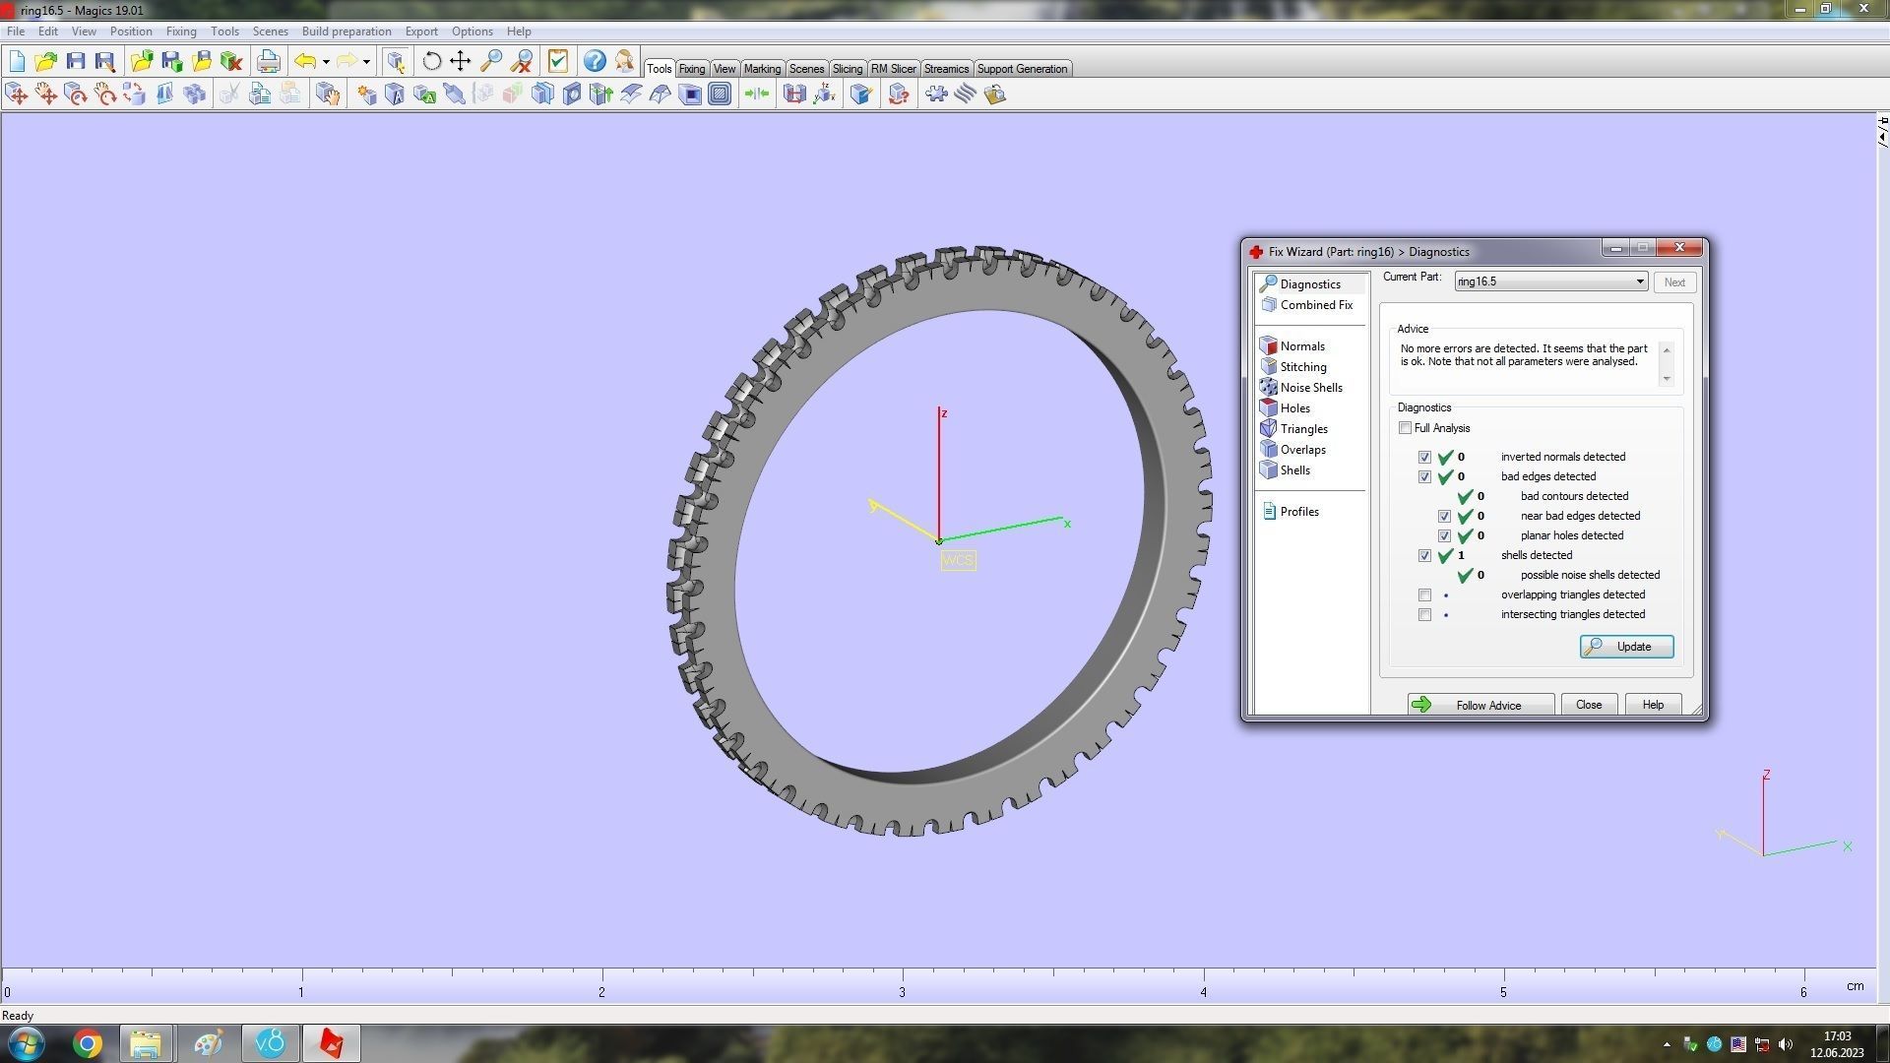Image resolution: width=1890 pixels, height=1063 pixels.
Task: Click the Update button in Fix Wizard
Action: click(1626, 647)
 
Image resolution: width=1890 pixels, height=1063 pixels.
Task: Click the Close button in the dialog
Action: click(1588, 705)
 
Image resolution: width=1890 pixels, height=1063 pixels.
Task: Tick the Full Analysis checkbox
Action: click(1405, 428)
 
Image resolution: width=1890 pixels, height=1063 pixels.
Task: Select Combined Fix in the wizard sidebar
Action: click(1315, 305)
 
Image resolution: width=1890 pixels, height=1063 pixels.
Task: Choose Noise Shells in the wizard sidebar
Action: click(1310, 388)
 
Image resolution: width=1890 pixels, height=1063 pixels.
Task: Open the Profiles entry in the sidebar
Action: click(1298, 512)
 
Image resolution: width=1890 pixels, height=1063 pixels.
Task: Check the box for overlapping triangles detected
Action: click(1424, 595)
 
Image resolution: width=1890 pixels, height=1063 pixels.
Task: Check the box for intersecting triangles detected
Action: click(1424, 615)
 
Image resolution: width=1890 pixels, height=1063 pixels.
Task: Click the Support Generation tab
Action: click(1021, 69)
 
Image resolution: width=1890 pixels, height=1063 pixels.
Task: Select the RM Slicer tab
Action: click(893, 69)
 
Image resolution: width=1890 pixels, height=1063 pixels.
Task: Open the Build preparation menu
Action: click(346, 31)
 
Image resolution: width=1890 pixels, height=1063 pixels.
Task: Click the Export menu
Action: click(421, 31)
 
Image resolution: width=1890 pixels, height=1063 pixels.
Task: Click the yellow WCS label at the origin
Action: click(958, 561)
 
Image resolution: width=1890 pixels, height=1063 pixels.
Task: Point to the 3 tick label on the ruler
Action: click(902, 992)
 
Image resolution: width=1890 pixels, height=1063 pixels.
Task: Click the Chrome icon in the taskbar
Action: click(88, 1043)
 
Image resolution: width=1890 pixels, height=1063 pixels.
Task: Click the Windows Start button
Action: click(27, 1043)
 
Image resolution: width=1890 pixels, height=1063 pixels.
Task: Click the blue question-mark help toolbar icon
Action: click(594, 61)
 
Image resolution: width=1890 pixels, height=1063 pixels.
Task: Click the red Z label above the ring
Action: click(943, 413)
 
